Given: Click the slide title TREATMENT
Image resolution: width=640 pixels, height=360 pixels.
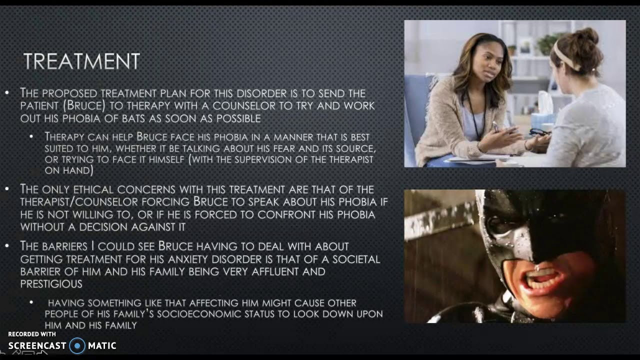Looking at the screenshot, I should [x=81, y=61].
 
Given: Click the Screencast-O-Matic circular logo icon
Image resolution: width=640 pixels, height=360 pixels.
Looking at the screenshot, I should [x=77, y=345].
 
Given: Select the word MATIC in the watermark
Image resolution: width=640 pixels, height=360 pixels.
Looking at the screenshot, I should [x=102, y=345].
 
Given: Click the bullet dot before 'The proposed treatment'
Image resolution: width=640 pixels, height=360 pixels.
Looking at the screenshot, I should [x=6, y=93].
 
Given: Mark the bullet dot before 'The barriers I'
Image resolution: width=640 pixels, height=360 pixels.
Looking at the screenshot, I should [x=6, y=246].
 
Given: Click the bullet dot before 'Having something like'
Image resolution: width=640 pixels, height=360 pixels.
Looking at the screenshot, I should [x=31, y=303].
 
